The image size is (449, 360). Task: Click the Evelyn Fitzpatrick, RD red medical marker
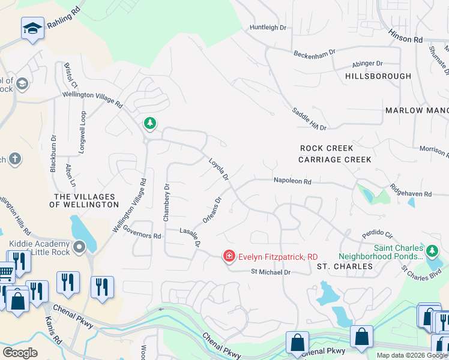tap(229, 256)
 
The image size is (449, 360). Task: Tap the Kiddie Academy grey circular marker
tap(79, 247)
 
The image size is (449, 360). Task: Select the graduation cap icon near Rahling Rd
tap(32, 28)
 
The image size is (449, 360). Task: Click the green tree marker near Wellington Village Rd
tap(149, 124)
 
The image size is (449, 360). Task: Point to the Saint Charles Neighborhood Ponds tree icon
tap(432, 250)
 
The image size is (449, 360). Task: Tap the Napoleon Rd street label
tap(292, 180)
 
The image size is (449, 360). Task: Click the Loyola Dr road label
tap(218, 169)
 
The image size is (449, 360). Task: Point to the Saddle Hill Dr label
tap(309, 119)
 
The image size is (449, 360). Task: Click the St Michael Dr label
tap(270, 272)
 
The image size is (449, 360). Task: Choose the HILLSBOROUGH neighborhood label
tap(378, 76)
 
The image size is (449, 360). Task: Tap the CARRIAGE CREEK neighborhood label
tap(335, 160)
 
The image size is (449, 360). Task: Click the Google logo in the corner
tap(20, 353)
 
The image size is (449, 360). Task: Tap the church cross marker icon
tap(15, 159)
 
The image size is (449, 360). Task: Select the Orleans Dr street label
tap(212, 211)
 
